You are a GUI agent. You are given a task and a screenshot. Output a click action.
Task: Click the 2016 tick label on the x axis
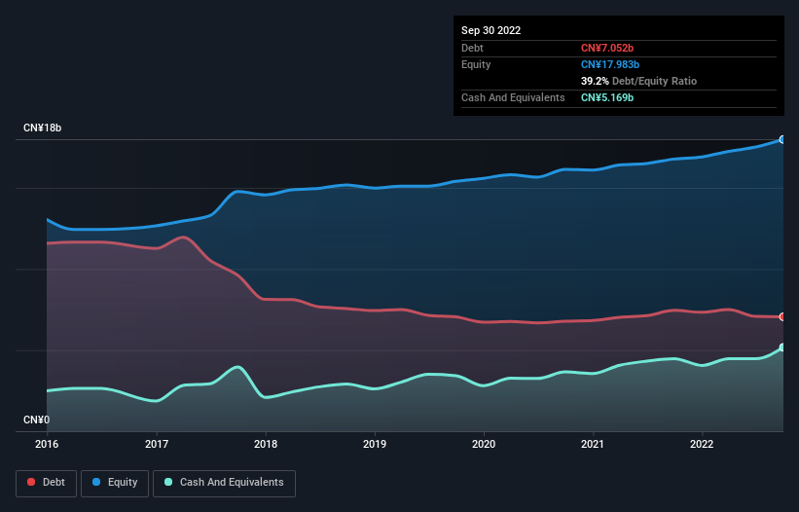pyautogui.click(x=47, y=445)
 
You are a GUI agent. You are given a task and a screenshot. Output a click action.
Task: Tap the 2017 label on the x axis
pyautogui.click(x=157, y=445)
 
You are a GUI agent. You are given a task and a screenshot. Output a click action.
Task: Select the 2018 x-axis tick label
pyautogui.click(x=266, y=445)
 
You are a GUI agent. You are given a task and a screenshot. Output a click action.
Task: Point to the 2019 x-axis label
pyautogui.click(x=375, y=445)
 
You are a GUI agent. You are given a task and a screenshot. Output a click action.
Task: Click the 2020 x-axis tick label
pyautogui.click(x=484, y=445)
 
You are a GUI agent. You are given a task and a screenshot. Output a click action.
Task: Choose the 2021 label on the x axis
pyautogui.click(x=593, y=445)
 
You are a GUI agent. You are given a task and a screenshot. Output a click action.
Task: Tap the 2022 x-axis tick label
pyautogui.click(x=702, y=445)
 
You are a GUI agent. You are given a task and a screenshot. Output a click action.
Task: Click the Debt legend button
pyautogui.click(x=47, y=483)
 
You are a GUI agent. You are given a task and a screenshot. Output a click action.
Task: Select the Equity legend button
pyautogui.click(x=116, y=483)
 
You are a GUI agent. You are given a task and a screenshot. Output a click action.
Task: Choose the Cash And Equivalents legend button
pyautogui.click(x=224, y=483)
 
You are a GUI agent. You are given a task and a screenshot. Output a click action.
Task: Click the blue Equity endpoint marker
pyautogui.click(x=781, y=140)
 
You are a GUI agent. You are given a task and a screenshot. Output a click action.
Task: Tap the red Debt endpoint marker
pyautogui.click(x=781, y=317)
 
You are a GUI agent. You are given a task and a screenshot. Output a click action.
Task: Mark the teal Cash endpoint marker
pyautogui.click(x=781, y=347)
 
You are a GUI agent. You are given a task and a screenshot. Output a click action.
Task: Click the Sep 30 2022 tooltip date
pyautogui.click(x=491, y=30)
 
